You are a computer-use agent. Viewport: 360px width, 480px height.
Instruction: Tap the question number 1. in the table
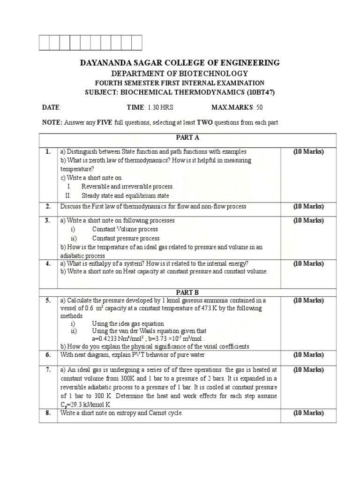point(48,152)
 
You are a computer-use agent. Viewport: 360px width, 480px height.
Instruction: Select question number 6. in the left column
point(48,355)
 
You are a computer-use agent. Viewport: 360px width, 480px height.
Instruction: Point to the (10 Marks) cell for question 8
point(308,413)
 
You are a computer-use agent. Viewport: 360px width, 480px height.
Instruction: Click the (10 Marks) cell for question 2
point(308,206)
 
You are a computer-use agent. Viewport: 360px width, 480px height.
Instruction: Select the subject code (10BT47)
point(258,92)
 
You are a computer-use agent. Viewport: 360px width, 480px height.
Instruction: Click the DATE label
point(51,107)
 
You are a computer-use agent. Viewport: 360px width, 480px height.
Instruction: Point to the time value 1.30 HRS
point(160,107)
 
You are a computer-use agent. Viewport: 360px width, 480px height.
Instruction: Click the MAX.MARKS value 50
point(259,107)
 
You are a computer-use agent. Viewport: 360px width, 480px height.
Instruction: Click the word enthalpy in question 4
point(98,263)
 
